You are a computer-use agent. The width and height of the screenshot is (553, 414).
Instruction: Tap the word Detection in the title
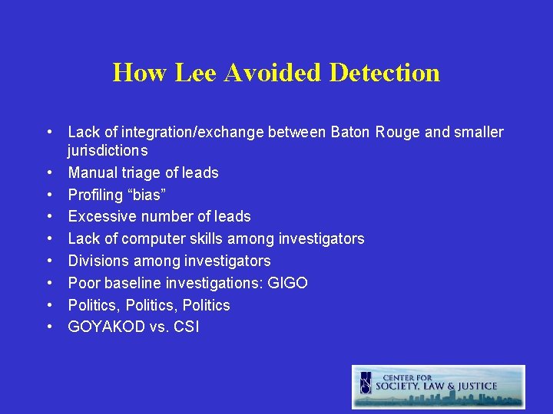(x=385, y=73)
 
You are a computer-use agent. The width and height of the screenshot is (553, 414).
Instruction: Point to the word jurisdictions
(x=108, y=151)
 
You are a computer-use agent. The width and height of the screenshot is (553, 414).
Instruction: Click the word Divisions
(x=98, y=261)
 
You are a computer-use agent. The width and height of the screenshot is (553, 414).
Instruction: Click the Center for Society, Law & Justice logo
(x=439, y=386)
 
